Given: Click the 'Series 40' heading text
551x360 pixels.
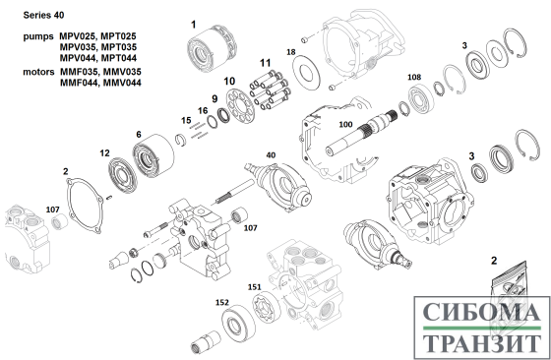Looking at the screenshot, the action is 43,15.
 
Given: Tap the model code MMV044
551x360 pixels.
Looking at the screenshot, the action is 122,83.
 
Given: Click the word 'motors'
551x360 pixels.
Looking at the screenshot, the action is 38,72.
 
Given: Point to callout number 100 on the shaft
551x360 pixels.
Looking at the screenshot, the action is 345,124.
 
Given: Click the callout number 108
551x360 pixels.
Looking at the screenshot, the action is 414,77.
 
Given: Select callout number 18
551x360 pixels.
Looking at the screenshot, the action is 291,52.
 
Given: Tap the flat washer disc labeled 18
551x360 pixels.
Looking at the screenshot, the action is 307,74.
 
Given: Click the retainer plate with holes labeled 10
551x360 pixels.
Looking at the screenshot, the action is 240,106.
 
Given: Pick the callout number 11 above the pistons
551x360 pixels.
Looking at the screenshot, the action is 266,63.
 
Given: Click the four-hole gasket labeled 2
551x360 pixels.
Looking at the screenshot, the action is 85,206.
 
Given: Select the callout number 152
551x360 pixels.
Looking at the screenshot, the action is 222,302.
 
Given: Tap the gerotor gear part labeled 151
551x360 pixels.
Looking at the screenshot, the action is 267,309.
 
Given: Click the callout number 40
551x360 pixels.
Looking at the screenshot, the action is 271,154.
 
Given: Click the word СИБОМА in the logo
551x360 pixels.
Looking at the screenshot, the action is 481,311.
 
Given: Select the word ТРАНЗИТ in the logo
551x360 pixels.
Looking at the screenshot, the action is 481,343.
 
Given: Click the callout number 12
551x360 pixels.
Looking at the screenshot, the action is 104,153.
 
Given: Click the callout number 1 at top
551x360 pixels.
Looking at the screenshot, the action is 193,25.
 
